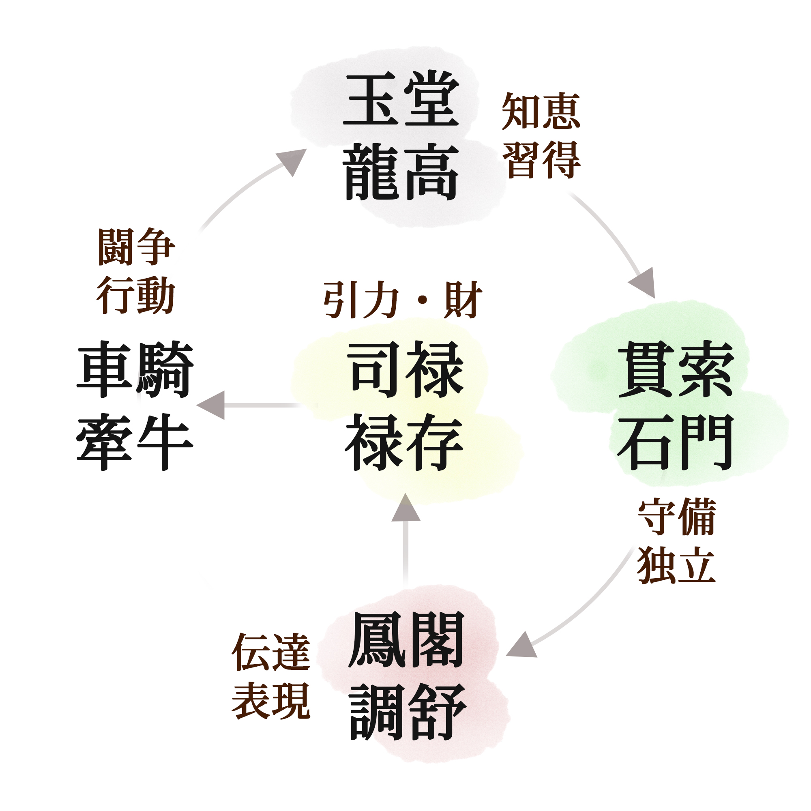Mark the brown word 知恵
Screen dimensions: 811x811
pyautogui.click(x=541, y=111)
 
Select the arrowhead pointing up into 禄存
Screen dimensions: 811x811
pyautogui.click(x=405, y=508)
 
